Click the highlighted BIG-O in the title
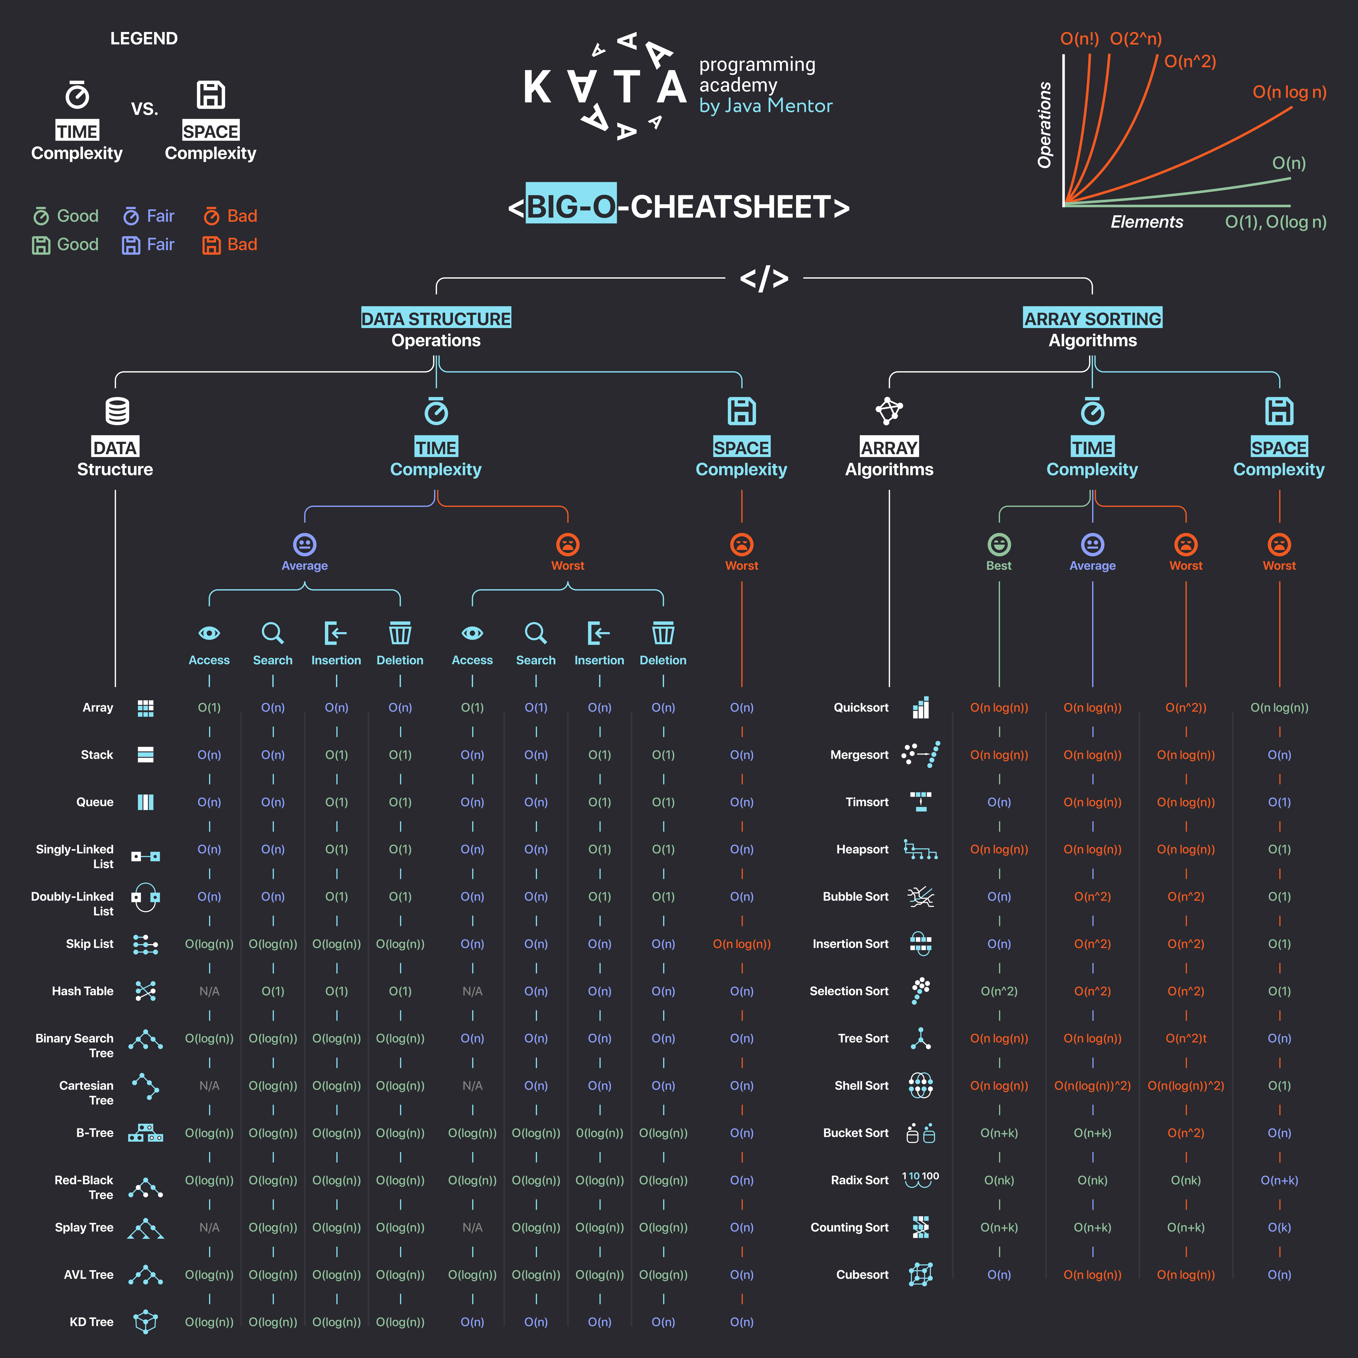coord(571,207)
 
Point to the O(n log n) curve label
coord(1289,92)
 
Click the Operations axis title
coord(1045,125)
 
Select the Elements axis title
coord(1146,222)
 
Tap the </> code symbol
coord(764,278)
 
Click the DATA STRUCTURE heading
coord(436,318)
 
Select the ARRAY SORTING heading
coord(1092,318)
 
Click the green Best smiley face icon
coord(999,545)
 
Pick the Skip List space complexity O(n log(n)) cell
coord(742,944)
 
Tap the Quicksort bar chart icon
coord(921,708)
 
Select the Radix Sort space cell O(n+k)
coord(1279,1180)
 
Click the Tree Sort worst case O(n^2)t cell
coord(1186,1038)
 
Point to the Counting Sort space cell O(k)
coord(1279,1227)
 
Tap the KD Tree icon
coord(146,1322)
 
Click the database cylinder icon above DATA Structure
coord(117,411)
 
